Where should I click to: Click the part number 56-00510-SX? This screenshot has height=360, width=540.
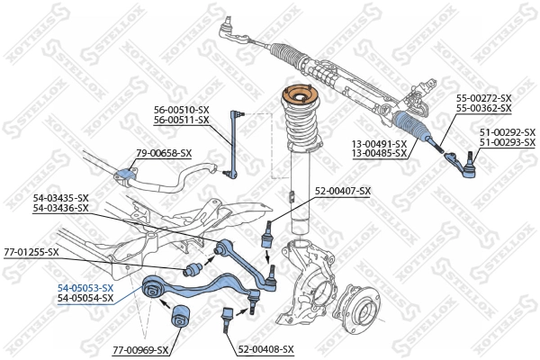(180, 109)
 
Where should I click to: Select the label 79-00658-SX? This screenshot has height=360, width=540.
(163, 153)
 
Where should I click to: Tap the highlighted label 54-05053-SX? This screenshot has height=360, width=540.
(85, 287)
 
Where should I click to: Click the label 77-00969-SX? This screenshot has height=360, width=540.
(140, 348)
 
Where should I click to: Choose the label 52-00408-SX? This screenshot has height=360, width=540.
(265, 348)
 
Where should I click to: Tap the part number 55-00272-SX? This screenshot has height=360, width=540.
(483, 98)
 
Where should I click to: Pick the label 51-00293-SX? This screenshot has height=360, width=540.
(507, 142)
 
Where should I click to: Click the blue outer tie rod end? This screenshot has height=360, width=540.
(463, 165)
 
